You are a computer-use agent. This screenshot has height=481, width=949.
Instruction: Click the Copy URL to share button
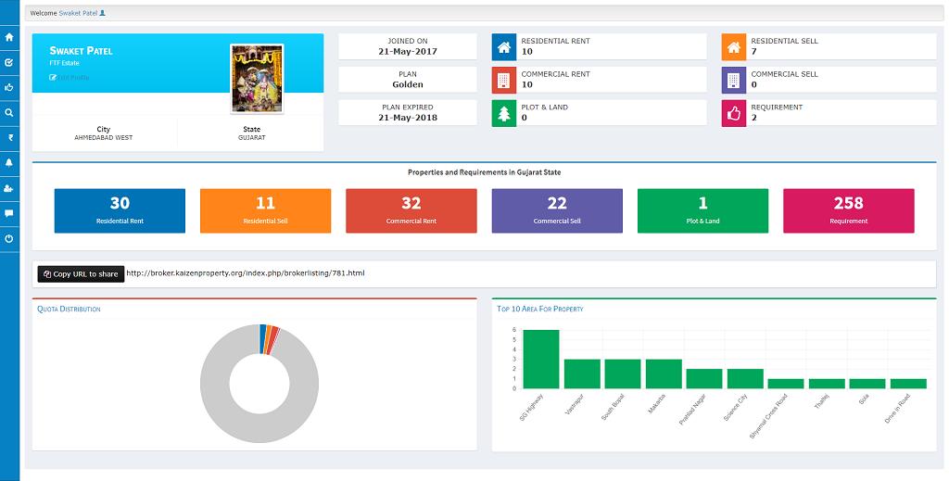coord(81,274)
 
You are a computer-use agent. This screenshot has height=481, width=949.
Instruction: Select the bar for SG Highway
coord(541,360)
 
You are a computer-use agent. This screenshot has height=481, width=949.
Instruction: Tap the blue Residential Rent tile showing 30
coord(120,210)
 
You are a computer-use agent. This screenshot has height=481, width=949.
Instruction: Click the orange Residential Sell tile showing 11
coord(265,210)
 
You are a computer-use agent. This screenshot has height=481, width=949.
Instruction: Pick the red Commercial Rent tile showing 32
coord(411,210)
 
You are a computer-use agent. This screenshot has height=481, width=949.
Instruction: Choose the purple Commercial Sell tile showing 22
coord(557,210)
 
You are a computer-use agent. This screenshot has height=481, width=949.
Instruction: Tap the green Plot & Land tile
coord(702,210)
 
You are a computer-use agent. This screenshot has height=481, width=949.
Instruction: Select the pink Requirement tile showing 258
coord(848,210)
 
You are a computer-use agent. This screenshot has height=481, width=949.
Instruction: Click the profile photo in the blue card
coord(257,78)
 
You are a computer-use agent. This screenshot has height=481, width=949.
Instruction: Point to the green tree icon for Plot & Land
coord(503,113)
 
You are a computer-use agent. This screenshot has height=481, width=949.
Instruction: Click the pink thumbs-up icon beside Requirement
coord(733,113)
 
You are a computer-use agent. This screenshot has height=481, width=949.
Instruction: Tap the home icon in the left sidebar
coord(9,38)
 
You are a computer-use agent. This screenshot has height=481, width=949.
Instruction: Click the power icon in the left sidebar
coord(9,238)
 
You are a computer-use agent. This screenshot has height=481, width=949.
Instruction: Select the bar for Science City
coord(745,378)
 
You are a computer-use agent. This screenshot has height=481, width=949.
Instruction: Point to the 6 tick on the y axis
coord(514,331)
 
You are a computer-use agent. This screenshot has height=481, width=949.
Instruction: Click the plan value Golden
coord(408,84)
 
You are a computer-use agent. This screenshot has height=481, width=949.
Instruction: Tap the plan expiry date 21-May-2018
coord(408,118)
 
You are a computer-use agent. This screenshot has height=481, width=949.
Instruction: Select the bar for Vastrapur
coord(582,373)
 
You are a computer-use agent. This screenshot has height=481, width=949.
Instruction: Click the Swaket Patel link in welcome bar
coord(79,14)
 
